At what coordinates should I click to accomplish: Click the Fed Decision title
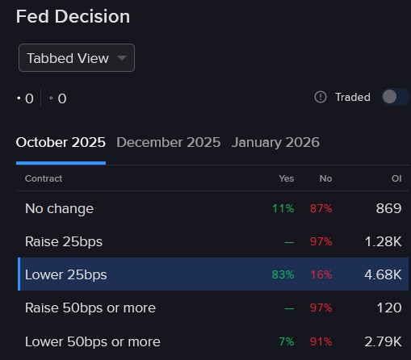[73, 16]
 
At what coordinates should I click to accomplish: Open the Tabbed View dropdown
[77, 58]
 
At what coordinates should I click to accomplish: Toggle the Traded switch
[395, 97]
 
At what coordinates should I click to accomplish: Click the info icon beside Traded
[321, 97]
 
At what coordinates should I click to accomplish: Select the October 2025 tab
[61, 143]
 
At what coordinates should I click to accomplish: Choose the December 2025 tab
[168, 143]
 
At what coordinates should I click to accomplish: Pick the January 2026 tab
[275, 143]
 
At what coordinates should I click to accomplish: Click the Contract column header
[44, 178]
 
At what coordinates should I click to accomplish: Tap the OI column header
[394, 178]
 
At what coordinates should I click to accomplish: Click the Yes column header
[286, 178]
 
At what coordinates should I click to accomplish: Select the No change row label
[59, 208]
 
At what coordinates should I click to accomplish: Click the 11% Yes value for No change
[283, 208]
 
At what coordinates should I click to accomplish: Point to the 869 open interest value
[388, 208]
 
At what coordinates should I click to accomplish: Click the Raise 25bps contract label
[64, 241]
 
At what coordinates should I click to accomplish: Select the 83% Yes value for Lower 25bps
[283, 274]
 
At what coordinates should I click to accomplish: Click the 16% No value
[321, 274]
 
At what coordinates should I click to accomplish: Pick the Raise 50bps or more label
[90, 308]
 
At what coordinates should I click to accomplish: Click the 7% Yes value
[286, 341]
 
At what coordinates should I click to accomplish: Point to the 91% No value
[321, 341]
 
